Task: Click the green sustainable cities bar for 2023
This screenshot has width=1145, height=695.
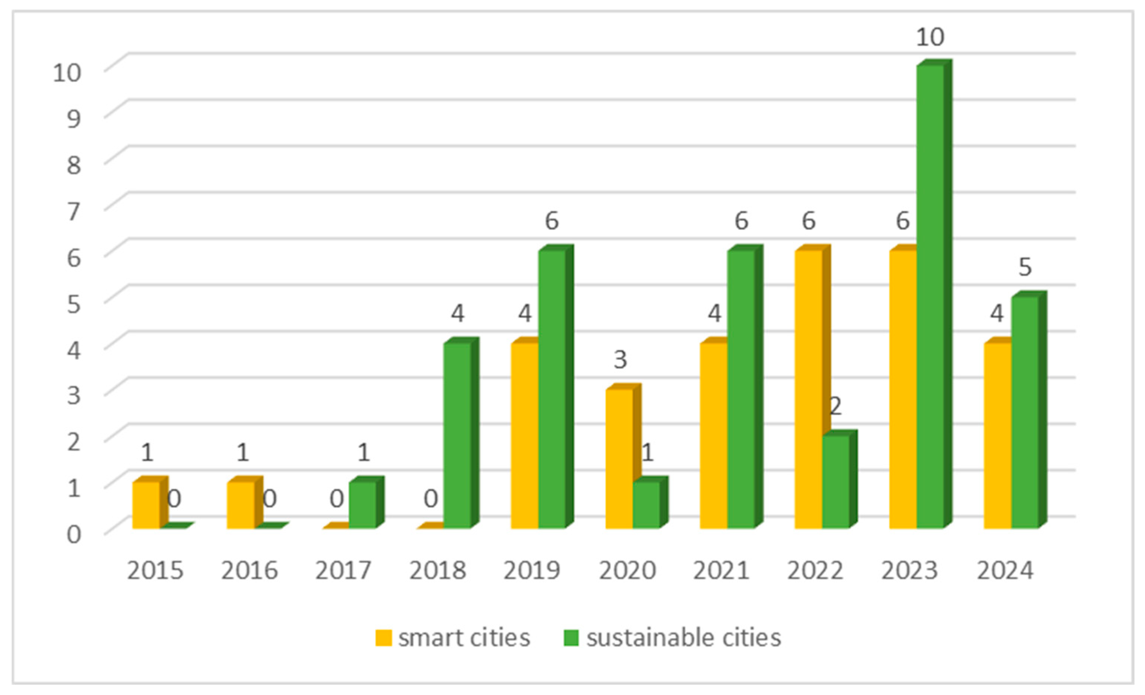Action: (930, 297)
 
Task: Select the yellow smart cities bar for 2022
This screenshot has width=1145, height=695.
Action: (809, 390)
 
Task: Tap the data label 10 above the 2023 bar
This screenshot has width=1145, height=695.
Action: (930, 37)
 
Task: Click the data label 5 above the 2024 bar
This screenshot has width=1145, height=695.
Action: (1025, 267)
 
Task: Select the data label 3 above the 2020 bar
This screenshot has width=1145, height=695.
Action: (620, 359)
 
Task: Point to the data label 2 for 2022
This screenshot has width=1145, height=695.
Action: (835, 406)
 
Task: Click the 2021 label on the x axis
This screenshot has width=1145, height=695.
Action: (721, 570)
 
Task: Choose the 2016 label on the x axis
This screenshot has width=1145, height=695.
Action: (249, 570)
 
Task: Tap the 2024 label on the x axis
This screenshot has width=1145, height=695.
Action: (1005, 570)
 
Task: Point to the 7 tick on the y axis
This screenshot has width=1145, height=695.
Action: (74, 212)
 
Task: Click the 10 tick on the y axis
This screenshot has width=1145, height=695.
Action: (67, 73)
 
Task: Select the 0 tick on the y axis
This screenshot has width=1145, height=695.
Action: (74, 534)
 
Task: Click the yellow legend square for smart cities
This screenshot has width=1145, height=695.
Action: (383, 638)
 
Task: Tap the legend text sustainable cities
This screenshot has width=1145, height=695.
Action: (684, 638)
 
